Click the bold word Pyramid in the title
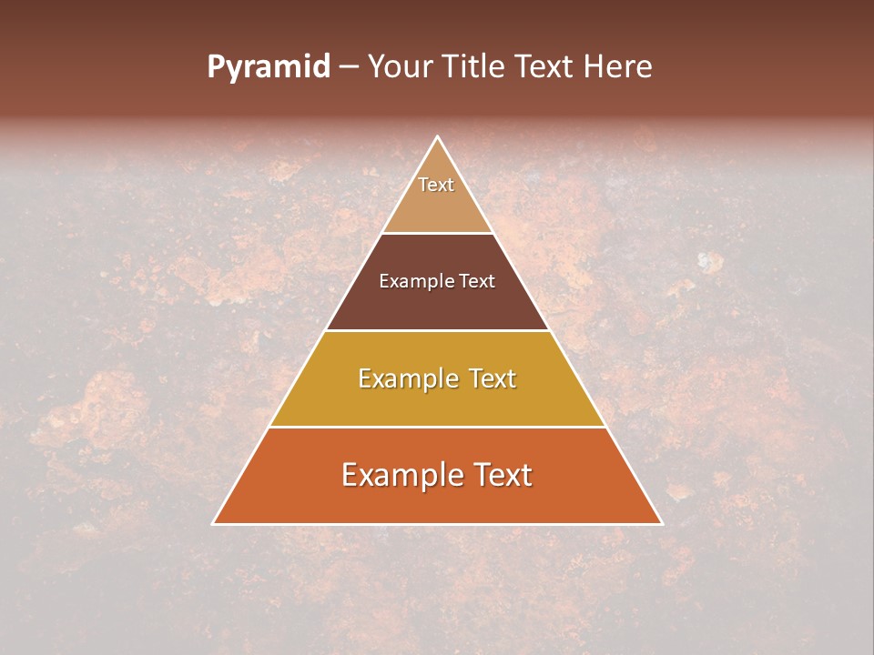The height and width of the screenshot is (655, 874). click(x=269, y=67)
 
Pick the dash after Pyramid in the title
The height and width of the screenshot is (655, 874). click(x=349, y=67)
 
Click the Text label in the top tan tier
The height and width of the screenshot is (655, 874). click(x=436, y=185)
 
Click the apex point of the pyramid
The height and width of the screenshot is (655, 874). click(x=438, y=136)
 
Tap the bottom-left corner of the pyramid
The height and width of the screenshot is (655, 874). click(x=213, y=524)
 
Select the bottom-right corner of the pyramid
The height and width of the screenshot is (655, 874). click(x=662, y=524)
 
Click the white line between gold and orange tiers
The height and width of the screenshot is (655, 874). click(x=438, y=427)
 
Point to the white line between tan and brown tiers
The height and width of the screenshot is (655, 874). click(x=438, y=233)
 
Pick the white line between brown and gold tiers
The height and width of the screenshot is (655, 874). click(x=438, y=330)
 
